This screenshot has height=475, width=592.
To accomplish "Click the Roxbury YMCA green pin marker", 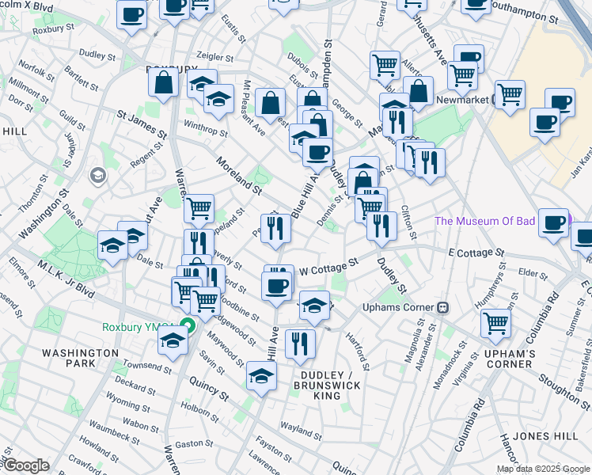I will point(188,325).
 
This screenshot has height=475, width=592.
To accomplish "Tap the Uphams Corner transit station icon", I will point(444,307).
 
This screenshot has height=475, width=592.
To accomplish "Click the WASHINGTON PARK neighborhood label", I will point(80,358).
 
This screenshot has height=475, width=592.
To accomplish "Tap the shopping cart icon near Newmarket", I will point(510,94).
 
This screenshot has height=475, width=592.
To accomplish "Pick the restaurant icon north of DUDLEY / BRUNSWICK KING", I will point(300,343).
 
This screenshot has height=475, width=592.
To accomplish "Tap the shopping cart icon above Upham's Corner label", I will point(495,322).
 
